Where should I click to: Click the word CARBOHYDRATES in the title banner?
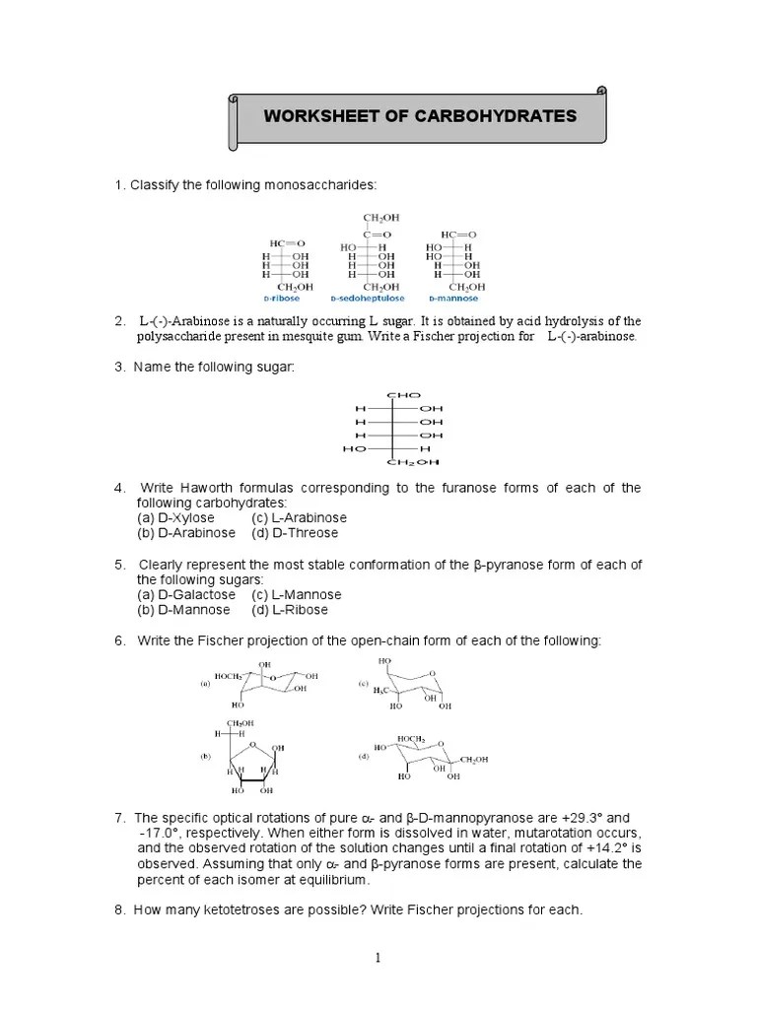pos(500,116)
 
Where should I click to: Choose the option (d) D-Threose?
pos(295,533)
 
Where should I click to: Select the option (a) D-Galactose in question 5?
pos(186,595)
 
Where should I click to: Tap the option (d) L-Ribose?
pos(290,610)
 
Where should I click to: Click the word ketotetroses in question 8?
pos(221,909)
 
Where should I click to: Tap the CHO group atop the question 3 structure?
pos(398,394)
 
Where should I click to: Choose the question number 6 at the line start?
pos(118,641)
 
